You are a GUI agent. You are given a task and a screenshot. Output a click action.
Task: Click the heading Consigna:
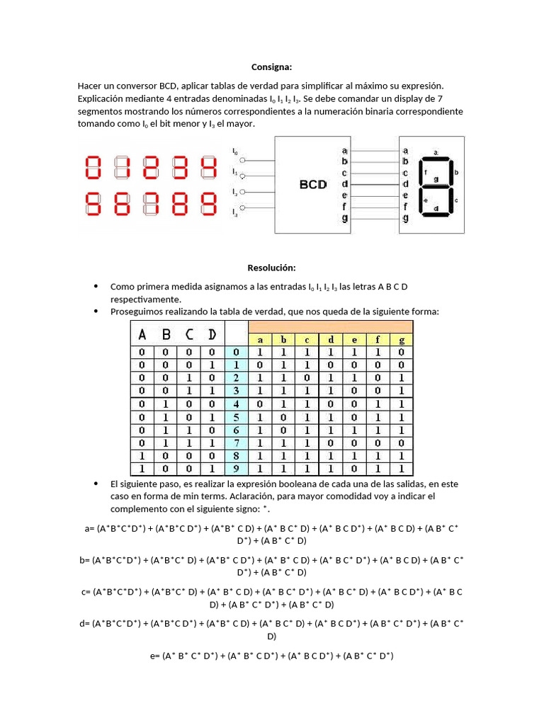coord(271,67)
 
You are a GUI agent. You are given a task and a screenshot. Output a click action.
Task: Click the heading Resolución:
coord(271,268)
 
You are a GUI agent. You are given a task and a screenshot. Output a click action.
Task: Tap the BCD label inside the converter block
coord(312,184)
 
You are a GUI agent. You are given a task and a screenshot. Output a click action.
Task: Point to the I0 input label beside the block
coord(235,151)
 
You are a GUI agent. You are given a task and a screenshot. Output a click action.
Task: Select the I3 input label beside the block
coord(235,212)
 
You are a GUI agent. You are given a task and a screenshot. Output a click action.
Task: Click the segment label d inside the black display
coord(436,209)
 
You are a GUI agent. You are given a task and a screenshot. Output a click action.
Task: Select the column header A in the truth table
coord(142,333)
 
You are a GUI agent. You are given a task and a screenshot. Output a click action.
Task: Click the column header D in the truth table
coord(212,333)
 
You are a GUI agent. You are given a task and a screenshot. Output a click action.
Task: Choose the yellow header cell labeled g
coord(402,340)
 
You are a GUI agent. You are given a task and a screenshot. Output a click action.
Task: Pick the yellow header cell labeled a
coord(260,340)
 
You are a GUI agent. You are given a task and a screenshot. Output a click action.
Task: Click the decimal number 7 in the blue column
coord(237,442)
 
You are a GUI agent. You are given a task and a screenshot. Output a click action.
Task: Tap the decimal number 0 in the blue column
coord(237,352)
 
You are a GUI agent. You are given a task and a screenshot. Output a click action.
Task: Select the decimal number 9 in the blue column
coord(237,468)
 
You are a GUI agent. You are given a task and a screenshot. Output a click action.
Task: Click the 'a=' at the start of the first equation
coord(89,528)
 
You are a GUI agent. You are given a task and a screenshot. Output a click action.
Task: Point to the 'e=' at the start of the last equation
coord(155,656)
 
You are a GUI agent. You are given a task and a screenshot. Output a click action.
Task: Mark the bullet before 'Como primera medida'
coord(96,286)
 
